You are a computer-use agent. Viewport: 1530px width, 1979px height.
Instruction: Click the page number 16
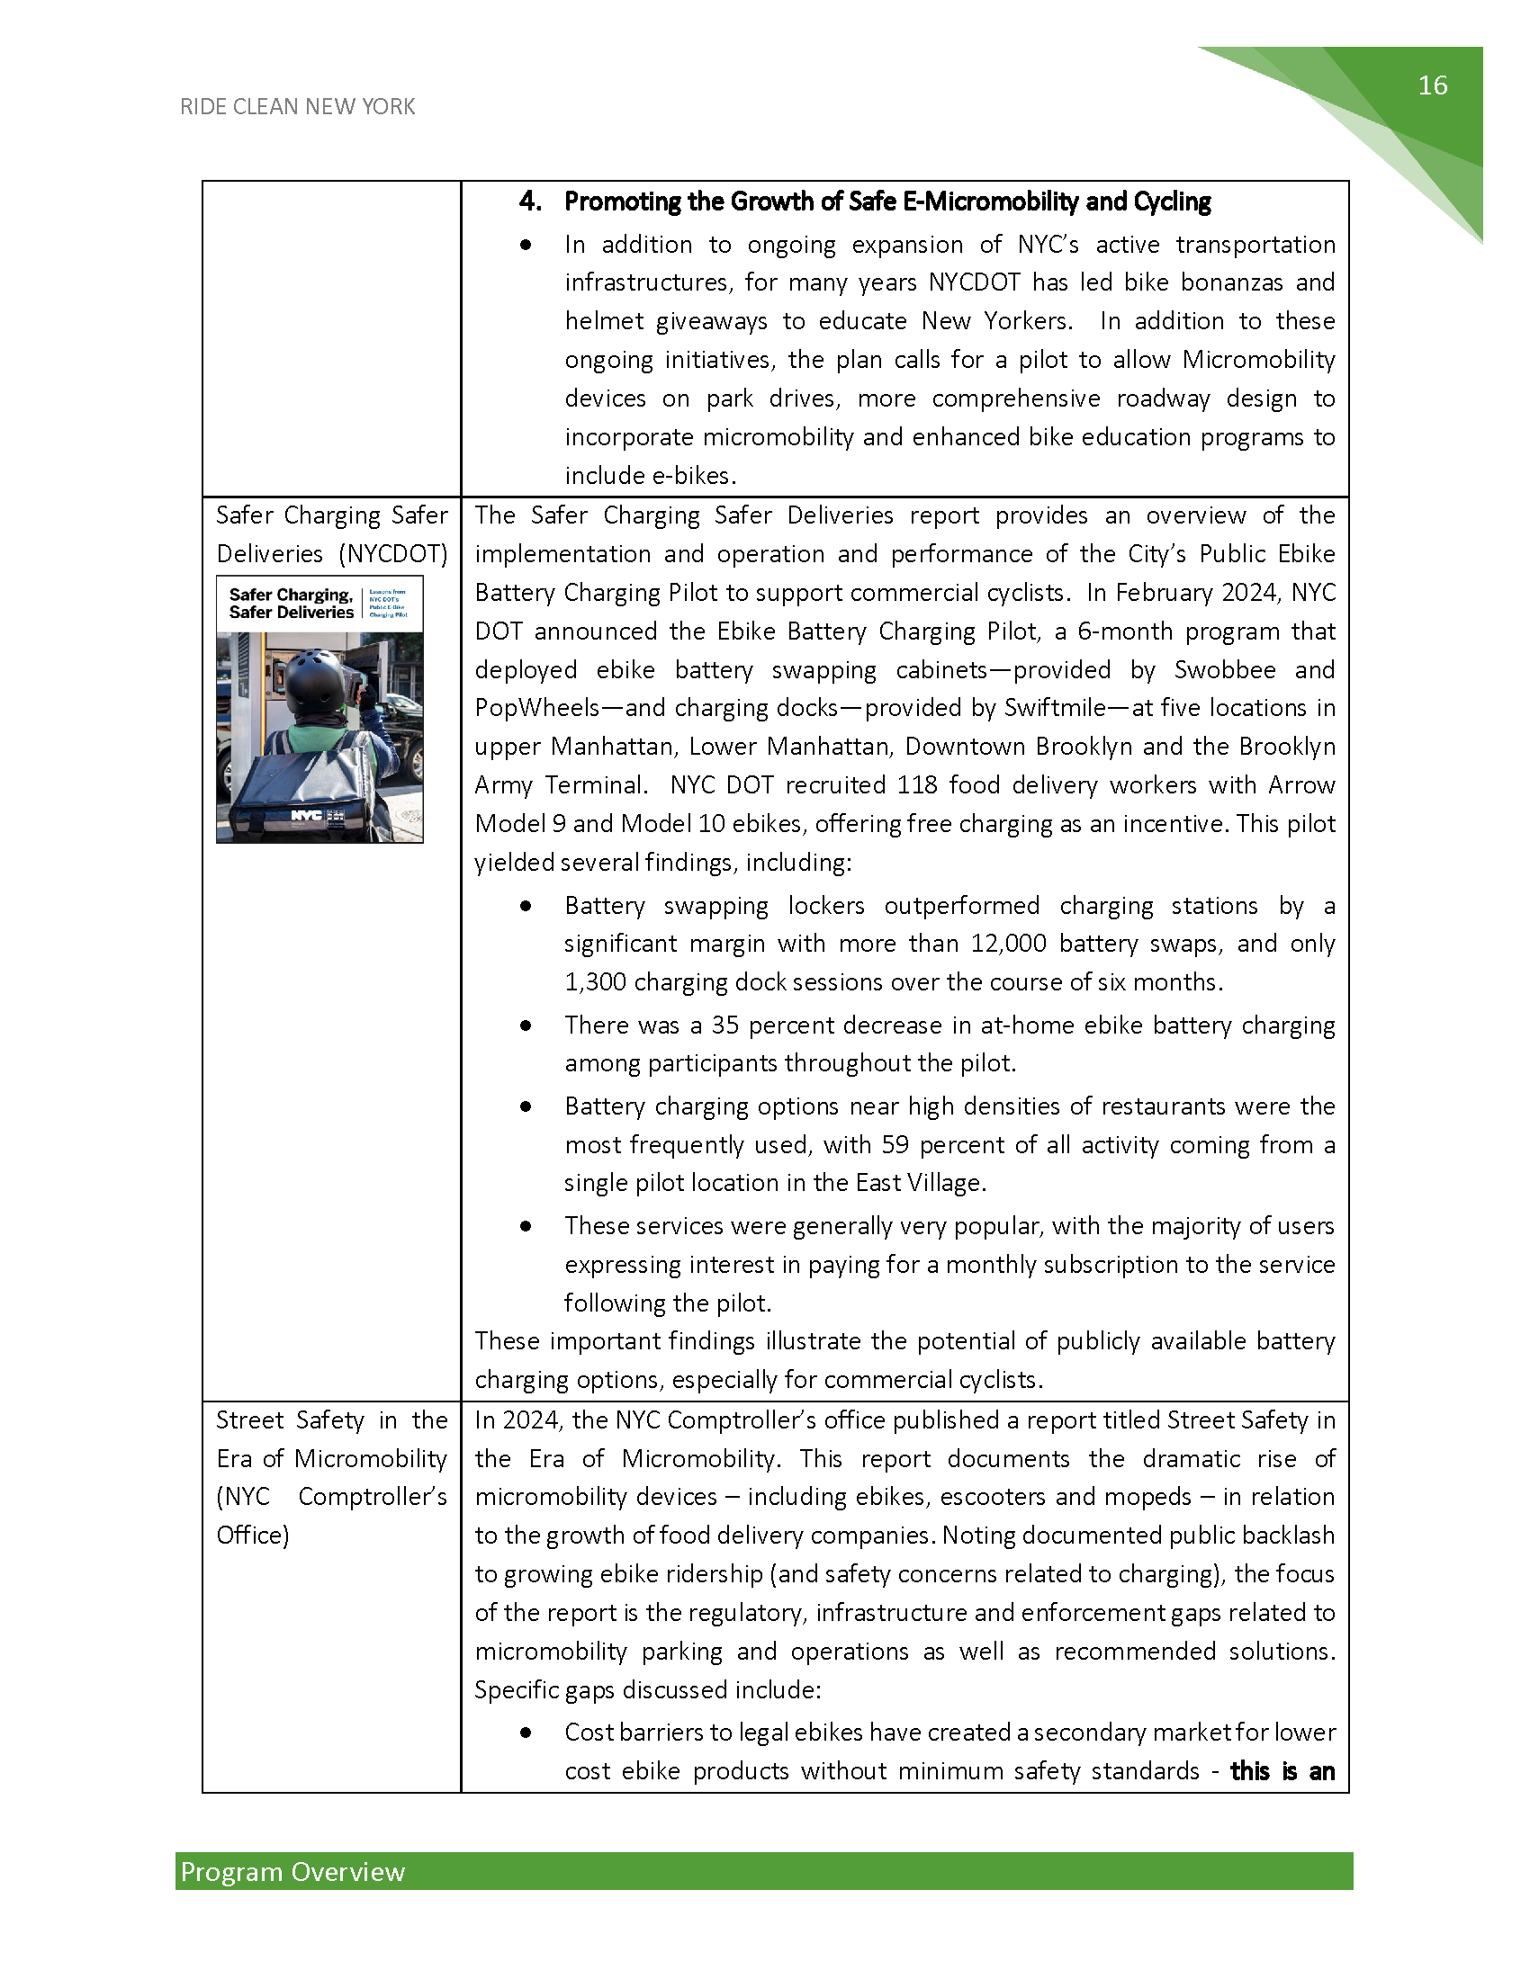tap(1432, 86)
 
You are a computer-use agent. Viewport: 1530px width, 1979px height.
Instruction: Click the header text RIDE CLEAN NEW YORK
tap(297, 107)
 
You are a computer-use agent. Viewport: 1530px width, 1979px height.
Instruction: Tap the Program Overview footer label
tap(292, 1871)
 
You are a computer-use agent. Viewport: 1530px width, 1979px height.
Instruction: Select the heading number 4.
tap(530, 201)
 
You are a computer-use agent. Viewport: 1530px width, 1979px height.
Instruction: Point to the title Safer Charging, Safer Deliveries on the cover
tap(291, 604)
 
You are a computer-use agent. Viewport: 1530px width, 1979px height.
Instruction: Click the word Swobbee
tap(1225, 669)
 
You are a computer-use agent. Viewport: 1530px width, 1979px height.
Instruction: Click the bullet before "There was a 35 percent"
tap(526, 1025)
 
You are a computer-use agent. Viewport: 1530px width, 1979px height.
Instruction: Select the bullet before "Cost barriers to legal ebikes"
tap(526, 1733)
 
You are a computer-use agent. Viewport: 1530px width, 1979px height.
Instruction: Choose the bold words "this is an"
tap(1282, 1771)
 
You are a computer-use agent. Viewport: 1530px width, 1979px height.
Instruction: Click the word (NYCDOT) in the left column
tap(393, 553)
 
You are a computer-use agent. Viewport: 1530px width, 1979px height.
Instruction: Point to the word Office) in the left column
tap(253, 1535)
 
